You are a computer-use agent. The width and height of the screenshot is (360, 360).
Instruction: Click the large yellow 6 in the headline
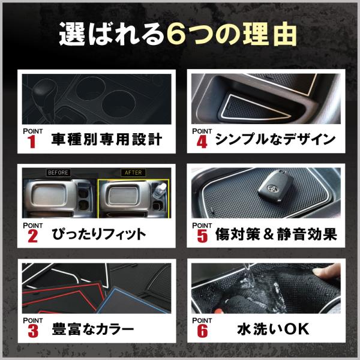[x=176, y=34]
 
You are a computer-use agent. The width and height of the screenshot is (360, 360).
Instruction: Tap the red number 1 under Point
[x=32, y=142]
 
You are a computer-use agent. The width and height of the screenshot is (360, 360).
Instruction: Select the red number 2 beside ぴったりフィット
[x=32, y=236]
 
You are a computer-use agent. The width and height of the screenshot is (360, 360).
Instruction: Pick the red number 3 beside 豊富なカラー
[x=33, y=331]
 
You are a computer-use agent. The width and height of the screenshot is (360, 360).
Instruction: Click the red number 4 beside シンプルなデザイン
[x=202, y=142]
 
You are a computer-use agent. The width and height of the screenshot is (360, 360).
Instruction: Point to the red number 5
[x=202, y=236]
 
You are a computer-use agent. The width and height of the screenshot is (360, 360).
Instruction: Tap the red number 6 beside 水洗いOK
[x=202, y=331]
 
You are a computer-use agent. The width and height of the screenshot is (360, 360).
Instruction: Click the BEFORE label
[x=58, y=172]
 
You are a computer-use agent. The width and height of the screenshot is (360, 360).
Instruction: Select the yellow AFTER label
[x=133, y=172]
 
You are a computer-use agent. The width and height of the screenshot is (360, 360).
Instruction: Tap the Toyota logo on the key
[x=272, y=187]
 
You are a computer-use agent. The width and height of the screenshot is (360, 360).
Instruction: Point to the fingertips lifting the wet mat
[x=327, y=271]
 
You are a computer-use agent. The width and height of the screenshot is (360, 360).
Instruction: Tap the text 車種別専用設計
[x=107, y=139]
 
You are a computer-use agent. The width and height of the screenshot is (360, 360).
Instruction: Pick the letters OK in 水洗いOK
[x=296, y=329]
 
